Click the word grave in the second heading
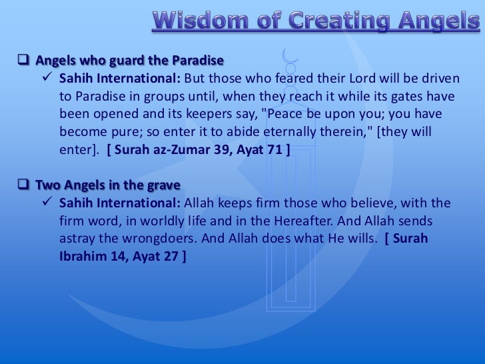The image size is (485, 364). point(165,185)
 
